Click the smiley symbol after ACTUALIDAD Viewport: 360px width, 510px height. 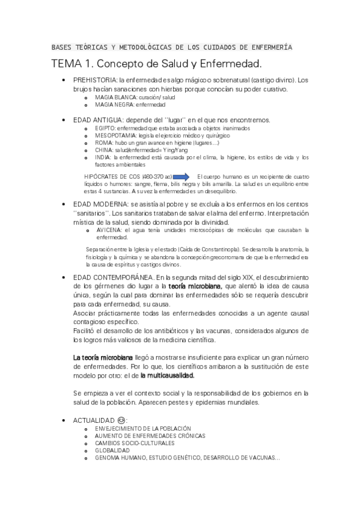[123, 419]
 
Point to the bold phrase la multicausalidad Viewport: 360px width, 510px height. [167, 374]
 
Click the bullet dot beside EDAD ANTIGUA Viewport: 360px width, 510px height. [64, 120]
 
